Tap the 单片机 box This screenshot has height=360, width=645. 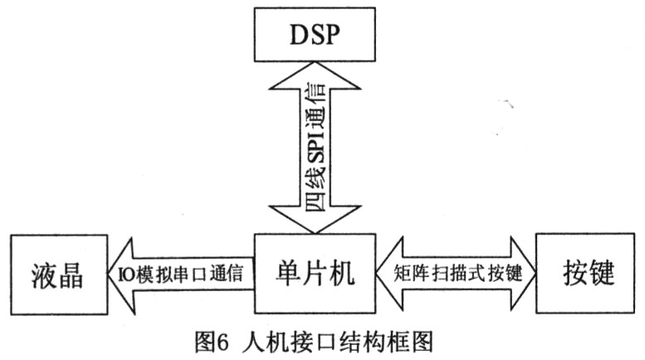[x=314, y=275]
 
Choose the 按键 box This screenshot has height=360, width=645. [x=580, y=275]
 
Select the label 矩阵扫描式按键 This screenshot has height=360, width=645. [x=457, y=275]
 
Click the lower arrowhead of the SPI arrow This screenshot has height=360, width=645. [x=315, y=220]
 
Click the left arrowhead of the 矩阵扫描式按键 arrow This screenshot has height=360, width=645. [x=388, y=275]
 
